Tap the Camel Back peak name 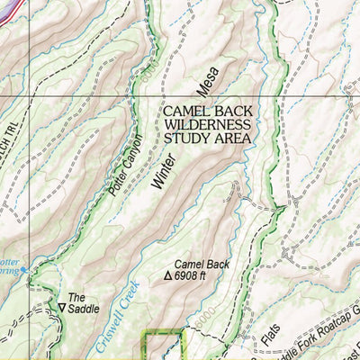[202, 265]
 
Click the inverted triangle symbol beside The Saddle [61, 308]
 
